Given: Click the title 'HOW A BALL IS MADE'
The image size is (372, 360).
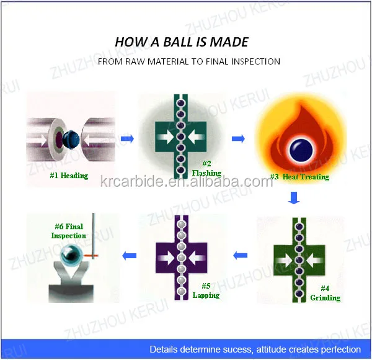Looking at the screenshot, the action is [x=182, y=42].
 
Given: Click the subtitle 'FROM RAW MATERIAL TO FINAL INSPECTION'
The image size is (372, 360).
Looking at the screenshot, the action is [x=189, y=61].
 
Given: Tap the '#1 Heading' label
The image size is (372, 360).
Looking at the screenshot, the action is [x=69, y=176].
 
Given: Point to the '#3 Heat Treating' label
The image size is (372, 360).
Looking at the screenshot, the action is [x=299, y=177].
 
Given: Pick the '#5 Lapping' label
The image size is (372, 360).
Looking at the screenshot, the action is [x=205, y=290].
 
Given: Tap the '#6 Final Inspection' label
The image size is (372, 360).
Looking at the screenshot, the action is [x=68, y=231].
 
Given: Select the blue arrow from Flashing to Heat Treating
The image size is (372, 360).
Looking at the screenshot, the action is [x=238, y=138].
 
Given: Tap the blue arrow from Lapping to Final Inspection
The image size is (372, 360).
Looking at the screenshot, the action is [x=130, y=254].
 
